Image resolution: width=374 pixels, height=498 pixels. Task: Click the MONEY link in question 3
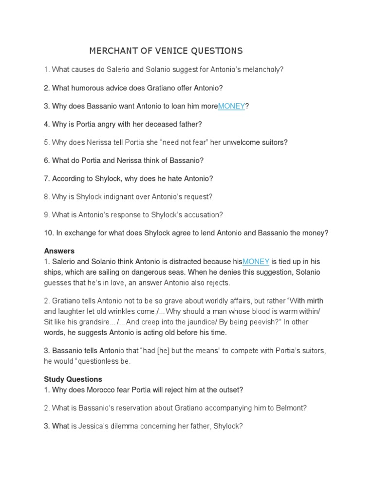tap(231, 106)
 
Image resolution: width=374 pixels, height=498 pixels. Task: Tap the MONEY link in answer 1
tap(256, 262)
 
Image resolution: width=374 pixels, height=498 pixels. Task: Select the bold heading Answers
tap(59, 251)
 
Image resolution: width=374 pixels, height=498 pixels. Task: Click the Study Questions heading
tap(73, 379)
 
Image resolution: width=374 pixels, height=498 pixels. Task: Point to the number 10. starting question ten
tap(49, 233)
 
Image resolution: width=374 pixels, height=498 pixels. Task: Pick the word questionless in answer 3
tap(97, 361)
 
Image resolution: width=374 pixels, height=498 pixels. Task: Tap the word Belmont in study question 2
tap(292, 408)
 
